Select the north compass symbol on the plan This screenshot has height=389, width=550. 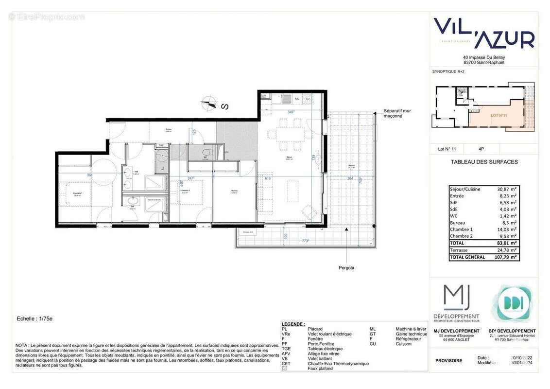tap(210, 103)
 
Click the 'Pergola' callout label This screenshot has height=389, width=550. tap(346, 267)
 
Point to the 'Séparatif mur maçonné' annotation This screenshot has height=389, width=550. tap(397, 113)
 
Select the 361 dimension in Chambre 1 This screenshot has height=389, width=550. tap(89, 175)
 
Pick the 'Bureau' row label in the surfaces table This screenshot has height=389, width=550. tap(458, 222)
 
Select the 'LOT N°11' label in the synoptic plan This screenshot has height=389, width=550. tap(498, 116)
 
